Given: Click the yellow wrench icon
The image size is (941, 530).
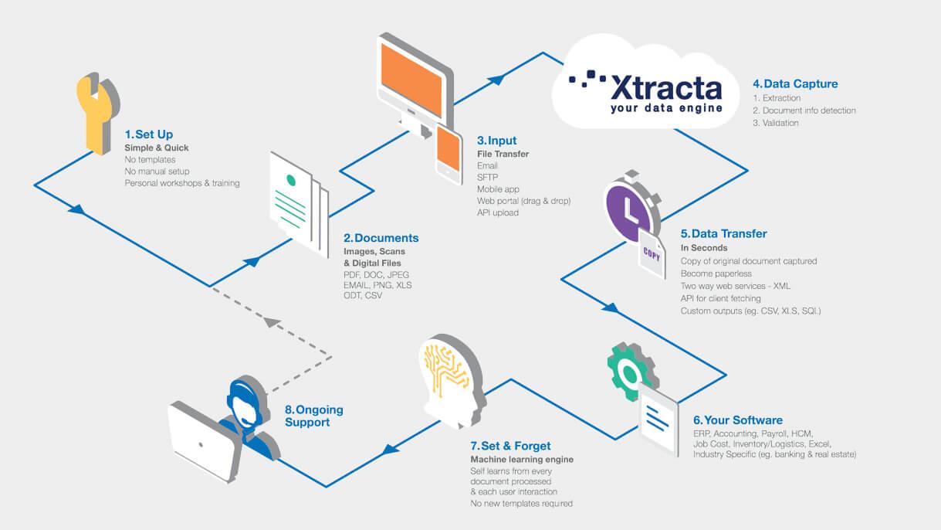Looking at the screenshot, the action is click(96, 114).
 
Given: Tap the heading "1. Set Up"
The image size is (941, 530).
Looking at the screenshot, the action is click(149, 134).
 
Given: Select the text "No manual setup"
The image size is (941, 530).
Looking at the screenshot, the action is click(157, 172).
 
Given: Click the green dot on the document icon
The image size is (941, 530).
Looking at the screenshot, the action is click(291, 180).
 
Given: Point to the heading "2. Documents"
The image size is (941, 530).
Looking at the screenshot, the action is click(381, 238).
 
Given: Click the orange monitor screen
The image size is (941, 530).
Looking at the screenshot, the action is click(411, 80).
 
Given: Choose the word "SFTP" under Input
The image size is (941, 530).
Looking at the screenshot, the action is click(487, 178).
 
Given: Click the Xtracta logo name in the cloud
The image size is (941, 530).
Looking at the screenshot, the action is click(666, 87).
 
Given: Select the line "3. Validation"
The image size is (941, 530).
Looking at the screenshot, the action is click(776, 123).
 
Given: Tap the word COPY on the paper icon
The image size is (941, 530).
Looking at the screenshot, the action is click(652, 253).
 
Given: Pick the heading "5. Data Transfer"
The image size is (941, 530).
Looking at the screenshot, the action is click(724, 233).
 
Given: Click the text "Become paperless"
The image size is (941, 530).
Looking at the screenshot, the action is click(716, 273).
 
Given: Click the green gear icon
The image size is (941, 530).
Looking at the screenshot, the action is click(630, 372).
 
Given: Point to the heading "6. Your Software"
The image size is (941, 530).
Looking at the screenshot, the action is click(738, 420).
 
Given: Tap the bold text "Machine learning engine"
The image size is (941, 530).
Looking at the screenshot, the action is click(522, 460).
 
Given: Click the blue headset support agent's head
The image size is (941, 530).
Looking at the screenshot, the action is click(246, 403).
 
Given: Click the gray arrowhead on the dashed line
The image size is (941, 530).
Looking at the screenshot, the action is click(272, 322).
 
